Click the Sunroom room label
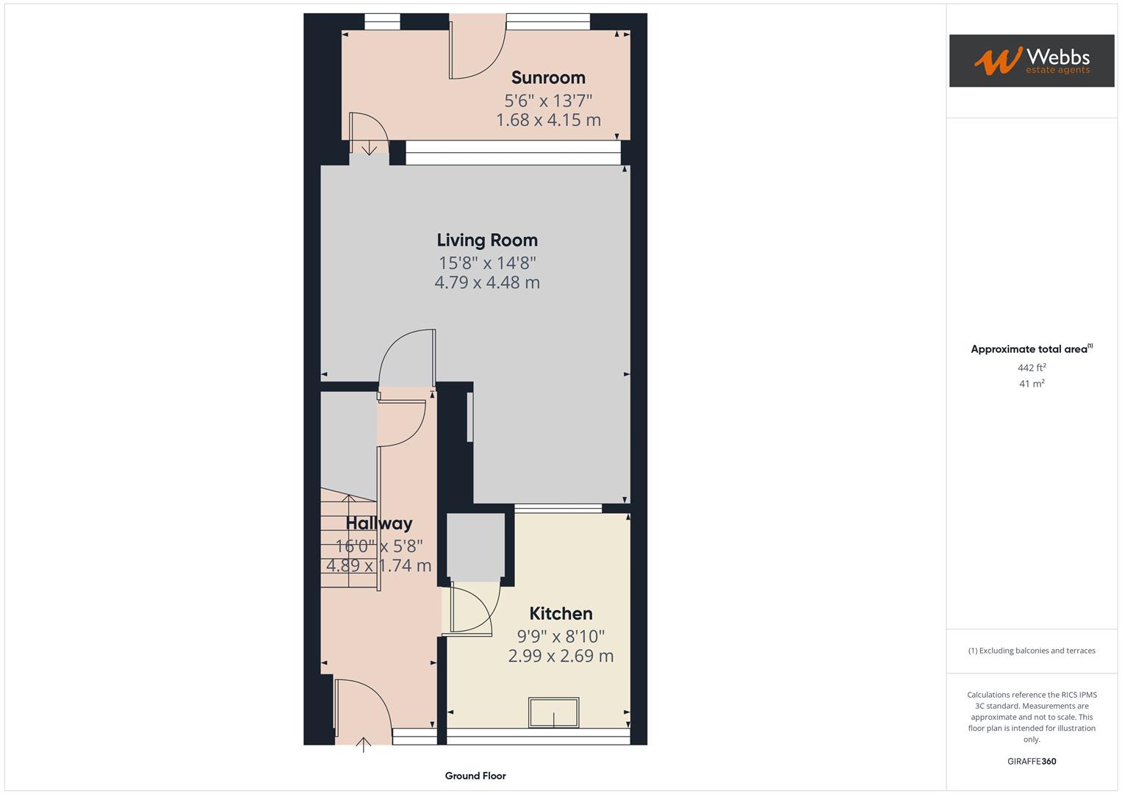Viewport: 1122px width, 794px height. point(548,77)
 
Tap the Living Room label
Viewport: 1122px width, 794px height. point(487,240)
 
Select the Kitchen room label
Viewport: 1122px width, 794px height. point(561,613)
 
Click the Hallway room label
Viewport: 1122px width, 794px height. point(379,523)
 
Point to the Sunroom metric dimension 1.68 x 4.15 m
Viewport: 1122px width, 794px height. point(548,120)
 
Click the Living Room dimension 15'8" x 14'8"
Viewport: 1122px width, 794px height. point(487,262)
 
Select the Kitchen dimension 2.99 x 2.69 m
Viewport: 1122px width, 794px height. point(561,656)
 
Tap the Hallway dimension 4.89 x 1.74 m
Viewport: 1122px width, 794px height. point(379,566)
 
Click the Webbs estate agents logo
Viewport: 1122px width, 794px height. point(1032,60)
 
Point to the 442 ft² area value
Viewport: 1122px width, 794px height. point(1032,368)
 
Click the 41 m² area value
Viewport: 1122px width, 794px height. point(1032,384)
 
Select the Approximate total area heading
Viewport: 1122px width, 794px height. point(1031,349)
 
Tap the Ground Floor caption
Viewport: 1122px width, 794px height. point(475,776)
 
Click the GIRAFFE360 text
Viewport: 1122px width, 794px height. point(1032,762)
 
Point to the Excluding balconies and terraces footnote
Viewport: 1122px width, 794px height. point(1032,651)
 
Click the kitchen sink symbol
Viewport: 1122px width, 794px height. point(553,712)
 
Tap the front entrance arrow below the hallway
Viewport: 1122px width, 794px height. point(363,745)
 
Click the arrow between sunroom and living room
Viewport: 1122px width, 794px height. point(369,149)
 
